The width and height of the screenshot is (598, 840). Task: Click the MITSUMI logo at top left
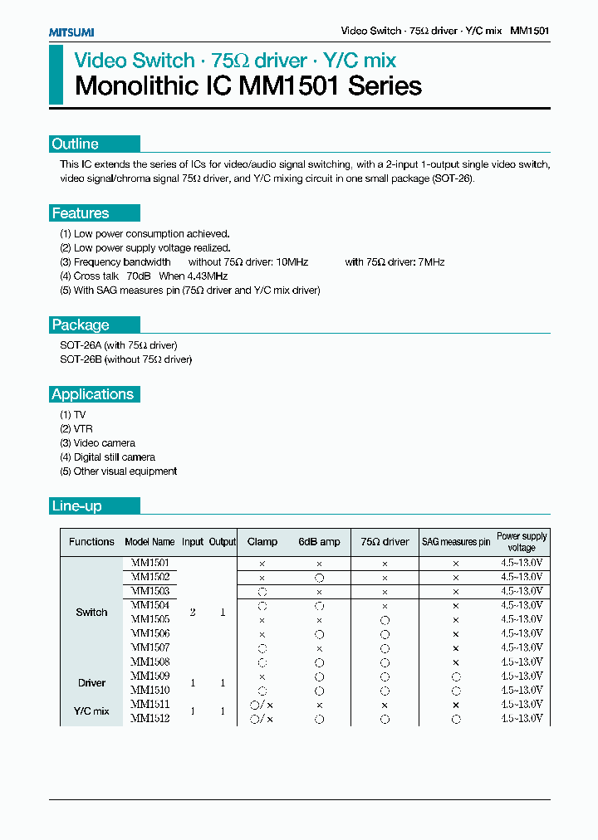click(x=71, y=32)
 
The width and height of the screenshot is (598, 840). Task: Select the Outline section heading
click(x=76, y=144)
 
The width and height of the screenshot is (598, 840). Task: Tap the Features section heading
click(x=81, y=213)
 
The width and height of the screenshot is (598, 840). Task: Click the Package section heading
click(x=81, y=325)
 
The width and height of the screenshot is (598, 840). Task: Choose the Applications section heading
click(x=92, y=394)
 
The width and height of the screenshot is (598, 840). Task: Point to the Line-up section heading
click(x=76, y=505)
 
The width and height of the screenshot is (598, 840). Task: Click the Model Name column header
click(x=149, y=542)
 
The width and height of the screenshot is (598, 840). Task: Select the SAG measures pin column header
click(x=455, y=542)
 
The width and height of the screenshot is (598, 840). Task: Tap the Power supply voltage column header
click(x=522, y=542)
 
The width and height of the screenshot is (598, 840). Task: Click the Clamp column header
click(x=262, y=542)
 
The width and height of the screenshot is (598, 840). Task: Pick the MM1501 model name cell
click(x=149, y=563)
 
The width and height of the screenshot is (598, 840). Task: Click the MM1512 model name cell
click(x=149, y=719)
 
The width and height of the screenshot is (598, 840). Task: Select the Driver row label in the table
click(x=91, y=683)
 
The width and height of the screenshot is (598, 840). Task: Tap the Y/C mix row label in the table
click(x=91, y=711)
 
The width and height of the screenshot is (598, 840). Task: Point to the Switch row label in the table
click(x=91, y=613)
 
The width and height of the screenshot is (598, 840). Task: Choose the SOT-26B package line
click(x=125, y=359)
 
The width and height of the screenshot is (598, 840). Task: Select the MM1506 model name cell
click(x=149, y=633)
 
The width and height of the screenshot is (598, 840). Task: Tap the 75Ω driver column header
click(x=384, y=542)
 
